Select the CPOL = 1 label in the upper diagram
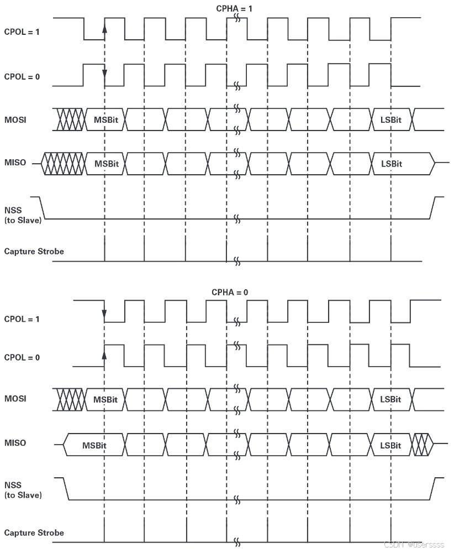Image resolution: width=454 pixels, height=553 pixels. pos(22,32)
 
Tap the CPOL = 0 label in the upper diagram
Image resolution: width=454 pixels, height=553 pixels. pos(22,76)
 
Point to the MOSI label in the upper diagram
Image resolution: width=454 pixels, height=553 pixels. pos(15,119)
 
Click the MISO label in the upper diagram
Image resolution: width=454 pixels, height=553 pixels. pos(15,163)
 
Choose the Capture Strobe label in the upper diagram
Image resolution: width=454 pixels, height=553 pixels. pos(34,252)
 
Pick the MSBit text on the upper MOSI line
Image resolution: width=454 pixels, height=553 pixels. pos(105,119)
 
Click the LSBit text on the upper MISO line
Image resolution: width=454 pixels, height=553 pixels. pos(392,164)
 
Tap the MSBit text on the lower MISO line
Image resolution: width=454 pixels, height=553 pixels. pos(94,445)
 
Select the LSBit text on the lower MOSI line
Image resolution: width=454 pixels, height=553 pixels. pos(390,399)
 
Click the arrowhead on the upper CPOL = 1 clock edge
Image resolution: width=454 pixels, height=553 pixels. pos(104,28)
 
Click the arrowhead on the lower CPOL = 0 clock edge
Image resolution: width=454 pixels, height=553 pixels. pos(104,352)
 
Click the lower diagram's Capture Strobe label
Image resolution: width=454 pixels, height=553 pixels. pos(34,533)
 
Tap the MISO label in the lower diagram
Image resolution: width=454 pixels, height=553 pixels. pos(15,443)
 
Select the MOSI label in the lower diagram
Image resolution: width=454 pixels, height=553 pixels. pos(15,399)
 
